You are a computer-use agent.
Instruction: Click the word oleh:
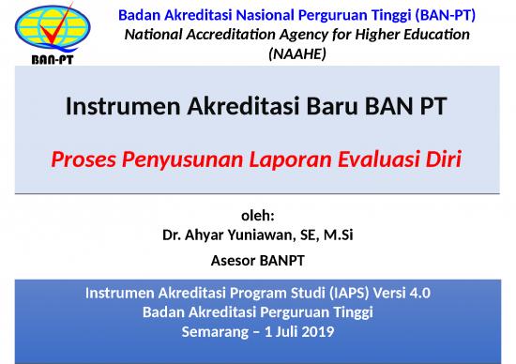(257, 217)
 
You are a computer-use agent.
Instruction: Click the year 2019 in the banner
(317, 330)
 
